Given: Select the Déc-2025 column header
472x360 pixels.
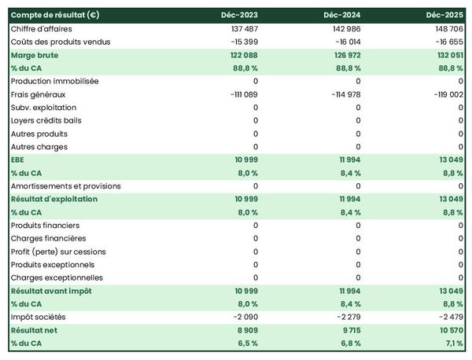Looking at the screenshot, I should pyautogui.click(x=444, y=15).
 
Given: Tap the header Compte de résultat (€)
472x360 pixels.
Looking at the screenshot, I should pyautogui.click(x=55, y=15).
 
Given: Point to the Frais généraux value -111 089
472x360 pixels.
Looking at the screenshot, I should pyautogui.click(x=238, y=94).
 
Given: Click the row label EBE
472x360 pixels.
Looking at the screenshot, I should pyautogui.click(x=19, y=160).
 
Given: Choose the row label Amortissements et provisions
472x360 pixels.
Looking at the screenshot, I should pyautogui.click(x=66, y=186).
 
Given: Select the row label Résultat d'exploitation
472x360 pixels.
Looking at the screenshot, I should pyautogui.click(x=54, y=199).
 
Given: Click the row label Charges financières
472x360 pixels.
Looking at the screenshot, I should pyautogui.click(x=48, y=238).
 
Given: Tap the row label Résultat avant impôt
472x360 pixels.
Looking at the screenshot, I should pyautogui.click(x=51, y=291).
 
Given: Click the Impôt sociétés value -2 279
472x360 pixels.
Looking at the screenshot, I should pyautogui.click(x=347, y=317).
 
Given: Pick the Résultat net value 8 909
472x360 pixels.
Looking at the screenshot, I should pyautogui.click(x=243, y=330).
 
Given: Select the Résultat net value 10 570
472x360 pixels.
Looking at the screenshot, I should pyautogui.click(x=448, y=330).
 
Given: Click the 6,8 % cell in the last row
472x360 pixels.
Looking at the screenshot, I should pyautogui.click(x=348, y=343).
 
